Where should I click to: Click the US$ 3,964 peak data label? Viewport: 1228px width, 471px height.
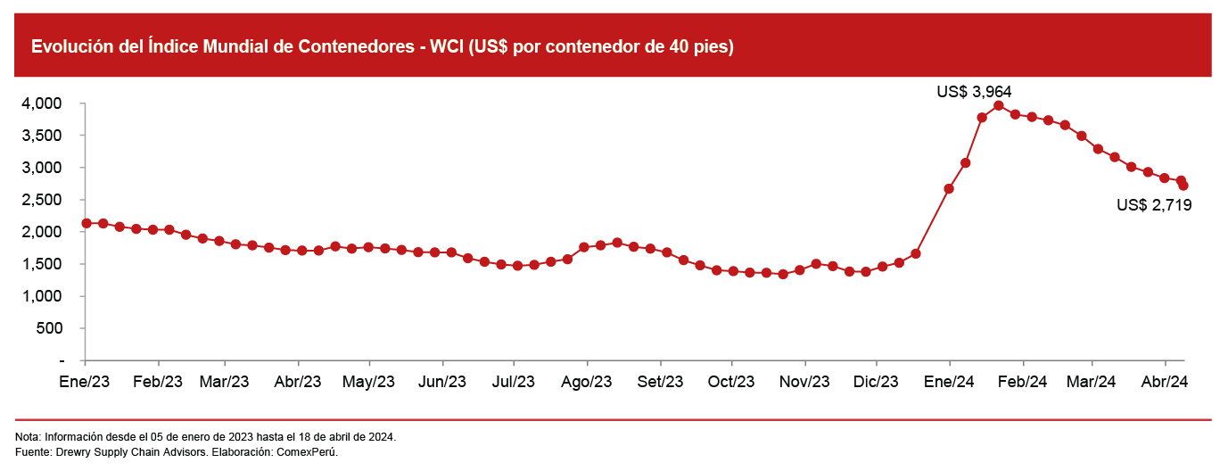974,91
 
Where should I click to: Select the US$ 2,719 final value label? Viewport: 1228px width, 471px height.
1154,204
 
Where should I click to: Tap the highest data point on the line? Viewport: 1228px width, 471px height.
999,105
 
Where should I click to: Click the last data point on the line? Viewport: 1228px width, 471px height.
1183,186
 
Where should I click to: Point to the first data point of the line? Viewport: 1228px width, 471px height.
86,223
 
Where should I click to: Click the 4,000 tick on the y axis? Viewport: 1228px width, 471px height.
41,103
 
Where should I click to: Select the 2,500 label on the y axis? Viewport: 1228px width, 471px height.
41,200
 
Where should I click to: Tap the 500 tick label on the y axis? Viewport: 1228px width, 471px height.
49,328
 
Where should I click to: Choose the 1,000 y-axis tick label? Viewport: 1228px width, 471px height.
41,296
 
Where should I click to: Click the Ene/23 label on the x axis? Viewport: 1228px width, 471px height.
85,382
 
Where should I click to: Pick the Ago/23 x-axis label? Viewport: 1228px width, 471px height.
586,382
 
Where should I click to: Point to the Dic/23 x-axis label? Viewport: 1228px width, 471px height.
876,382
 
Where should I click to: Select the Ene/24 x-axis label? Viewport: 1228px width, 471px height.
950,382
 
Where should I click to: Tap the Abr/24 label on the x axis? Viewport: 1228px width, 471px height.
1166,382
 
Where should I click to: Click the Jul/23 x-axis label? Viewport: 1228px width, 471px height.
513,382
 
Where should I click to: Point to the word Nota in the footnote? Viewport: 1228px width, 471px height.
28,437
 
